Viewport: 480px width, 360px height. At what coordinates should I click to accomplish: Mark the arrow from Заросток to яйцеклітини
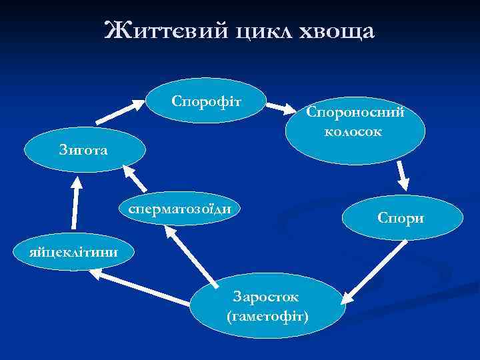tap(143, 283)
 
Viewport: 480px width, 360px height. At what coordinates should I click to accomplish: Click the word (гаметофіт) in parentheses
tap(267, 314)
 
